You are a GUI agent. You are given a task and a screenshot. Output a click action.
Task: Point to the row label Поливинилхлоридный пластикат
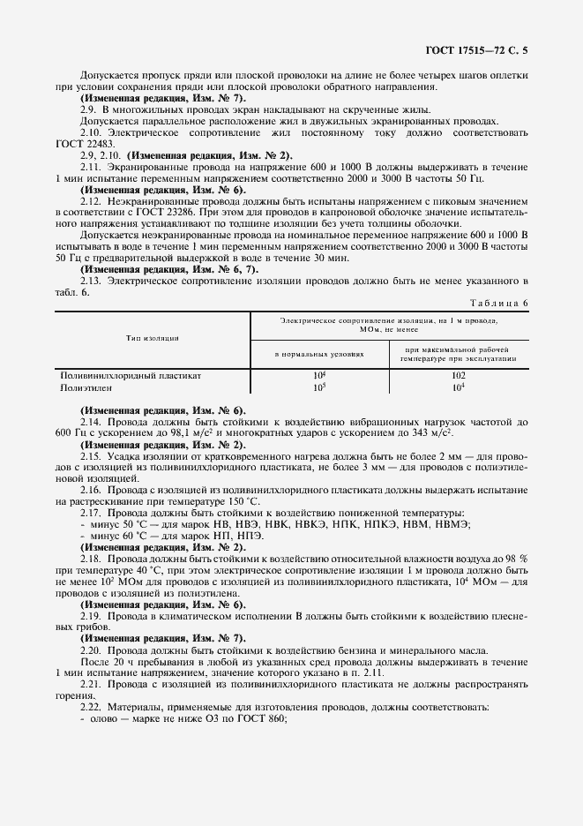click(131, 375)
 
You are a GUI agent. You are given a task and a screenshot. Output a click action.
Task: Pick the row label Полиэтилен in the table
click(87, 387)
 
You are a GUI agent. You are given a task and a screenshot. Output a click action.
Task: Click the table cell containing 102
click(458, 375)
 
